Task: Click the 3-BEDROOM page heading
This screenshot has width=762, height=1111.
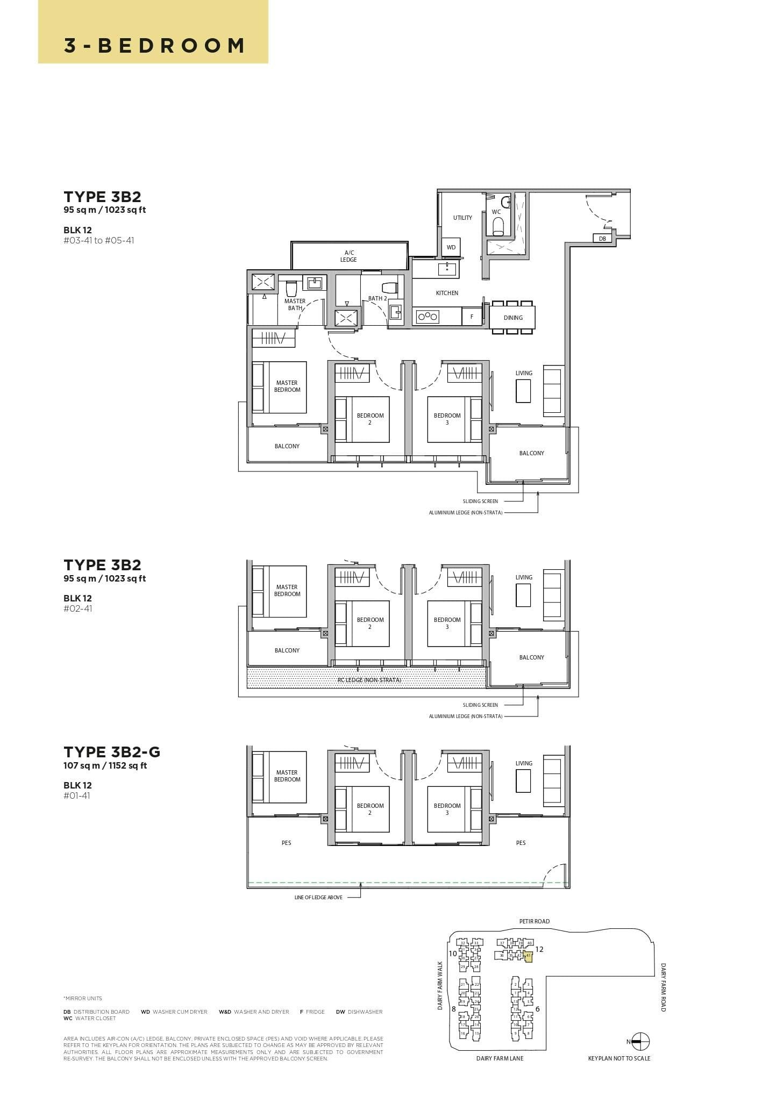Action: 154,45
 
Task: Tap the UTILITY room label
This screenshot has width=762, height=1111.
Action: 462,218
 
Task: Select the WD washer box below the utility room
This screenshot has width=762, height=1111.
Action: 451,247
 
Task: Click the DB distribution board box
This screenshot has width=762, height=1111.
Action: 602,238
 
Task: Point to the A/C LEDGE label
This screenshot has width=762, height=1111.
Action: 348,256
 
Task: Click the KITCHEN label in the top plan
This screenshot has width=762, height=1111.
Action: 447,293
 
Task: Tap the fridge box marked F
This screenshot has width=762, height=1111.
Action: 472,317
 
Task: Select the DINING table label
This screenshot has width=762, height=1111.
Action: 513,318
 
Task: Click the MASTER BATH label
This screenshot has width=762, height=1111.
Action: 295,304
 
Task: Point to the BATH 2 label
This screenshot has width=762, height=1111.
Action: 378,298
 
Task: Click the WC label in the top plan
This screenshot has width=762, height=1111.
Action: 496,212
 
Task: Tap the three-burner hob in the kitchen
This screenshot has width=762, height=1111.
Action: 428,317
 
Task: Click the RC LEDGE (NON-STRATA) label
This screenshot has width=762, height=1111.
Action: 369,680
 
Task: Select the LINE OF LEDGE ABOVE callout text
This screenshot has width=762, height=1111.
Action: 318,897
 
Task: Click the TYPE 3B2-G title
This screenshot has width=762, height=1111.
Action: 112,751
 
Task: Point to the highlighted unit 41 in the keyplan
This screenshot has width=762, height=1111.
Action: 528,955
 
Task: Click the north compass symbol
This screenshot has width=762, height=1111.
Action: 640,1041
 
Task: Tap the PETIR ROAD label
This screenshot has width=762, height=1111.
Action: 534,921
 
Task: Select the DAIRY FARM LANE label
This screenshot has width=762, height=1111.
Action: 500,1058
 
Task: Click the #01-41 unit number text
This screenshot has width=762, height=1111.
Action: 77,795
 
